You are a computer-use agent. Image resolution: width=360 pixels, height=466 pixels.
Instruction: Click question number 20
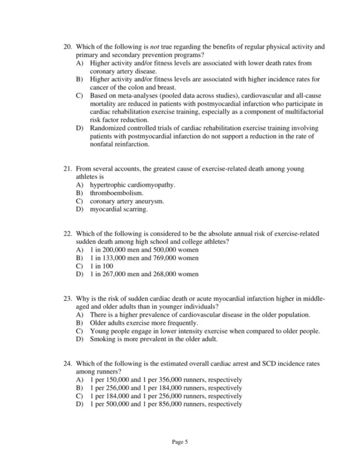[67, 46]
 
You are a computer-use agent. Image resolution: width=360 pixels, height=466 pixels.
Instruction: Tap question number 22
[67, 233]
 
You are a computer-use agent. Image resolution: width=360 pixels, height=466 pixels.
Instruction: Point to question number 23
[67, 298]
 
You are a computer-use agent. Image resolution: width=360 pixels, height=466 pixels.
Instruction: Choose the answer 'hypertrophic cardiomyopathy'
[132, 185]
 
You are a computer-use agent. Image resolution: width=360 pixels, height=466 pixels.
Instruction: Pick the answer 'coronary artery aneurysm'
[127, 202]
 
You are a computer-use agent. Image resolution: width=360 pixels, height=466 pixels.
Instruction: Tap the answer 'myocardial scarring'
[118, 210]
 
